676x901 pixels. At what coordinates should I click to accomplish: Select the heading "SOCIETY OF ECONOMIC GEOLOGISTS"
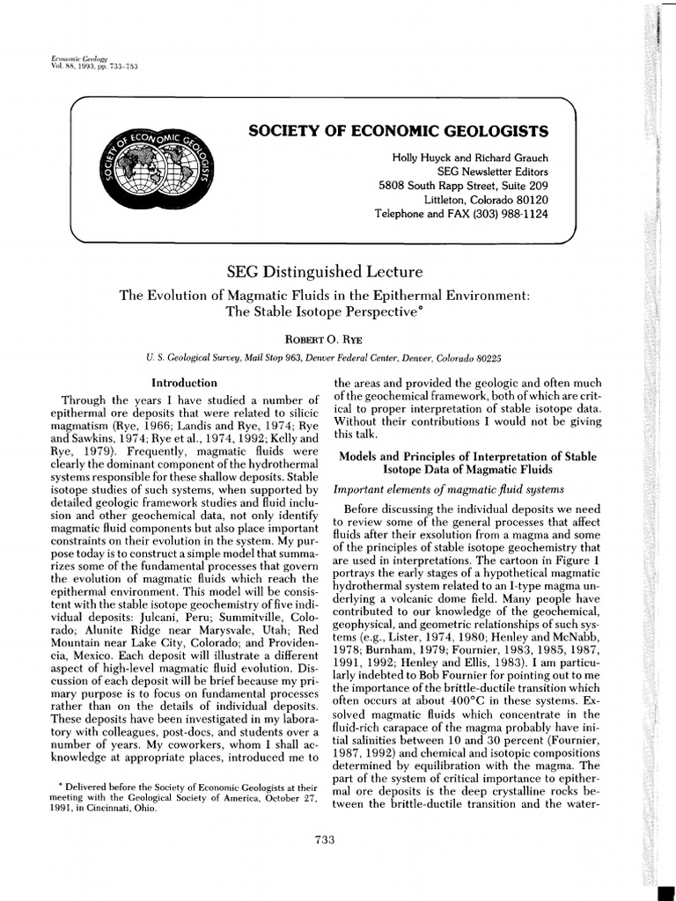(399, 131)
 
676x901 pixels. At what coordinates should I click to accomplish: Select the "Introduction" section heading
(185, 383)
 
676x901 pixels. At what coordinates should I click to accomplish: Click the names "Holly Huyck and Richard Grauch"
(470, 157)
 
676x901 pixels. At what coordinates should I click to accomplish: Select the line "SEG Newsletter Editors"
(492, 172)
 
